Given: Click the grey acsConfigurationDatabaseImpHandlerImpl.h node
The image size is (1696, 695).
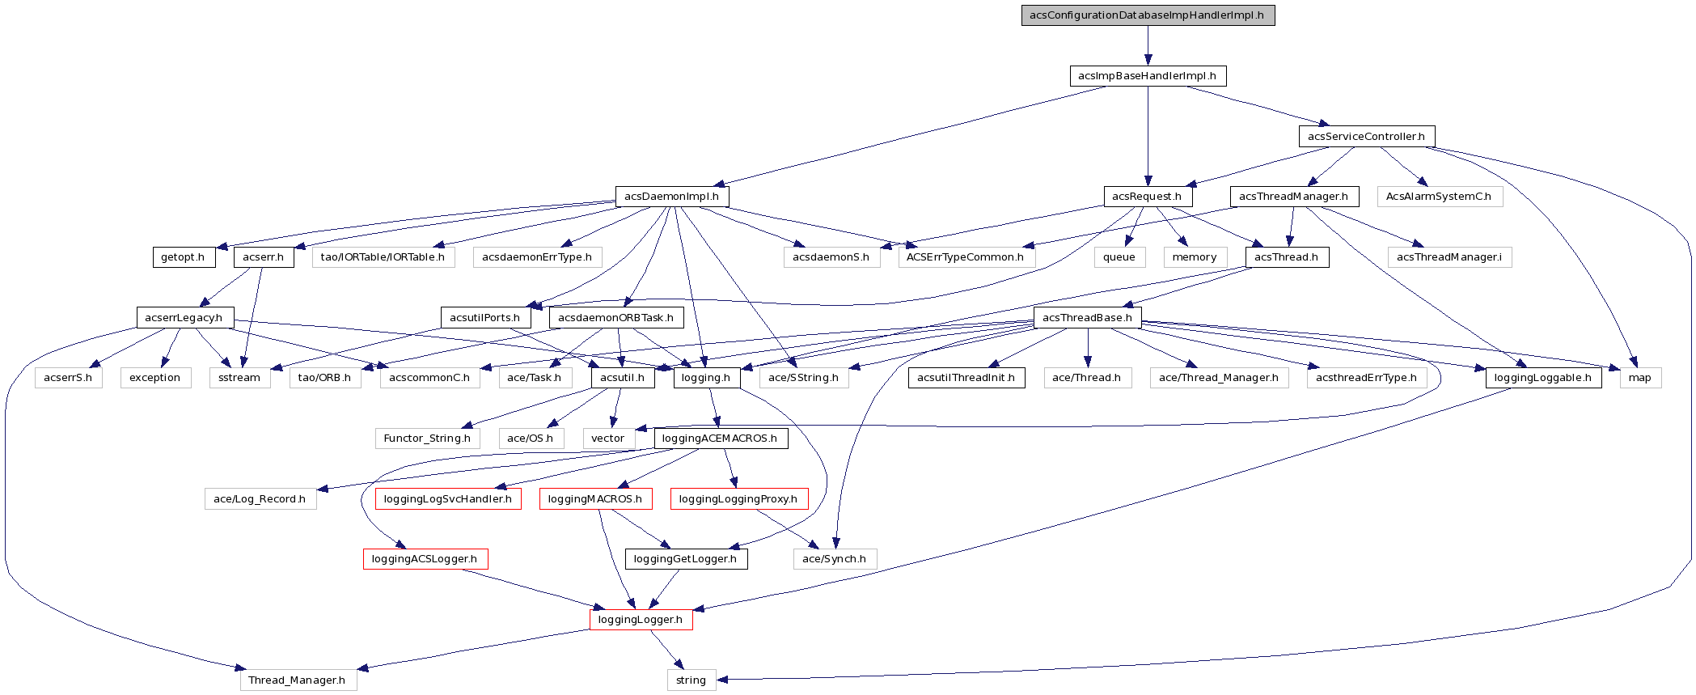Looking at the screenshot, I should click(x=1147, y=15).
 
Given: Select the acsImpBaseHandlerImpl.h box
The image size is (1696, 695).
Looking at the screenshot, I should click(x=1147, y=76).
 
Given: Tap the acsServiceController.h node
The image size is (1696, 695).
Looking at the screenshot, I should click(x=1366, y=136).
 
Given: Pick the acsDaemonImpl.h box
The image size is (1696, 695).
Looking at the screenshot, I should click(x=671, y=197).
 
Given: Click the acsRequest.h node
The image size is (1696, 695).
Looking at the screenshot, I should click(x=1147, y=197).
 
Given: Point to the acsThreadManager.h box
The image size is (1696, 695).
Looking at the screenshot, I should click(x=1293, y=197).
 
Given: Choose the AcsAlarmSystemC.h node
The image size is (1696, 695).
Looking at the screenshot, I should click(x=1439, y=197).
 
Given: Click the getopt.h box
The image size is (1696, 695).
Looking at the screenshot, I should click(x=183, y=257).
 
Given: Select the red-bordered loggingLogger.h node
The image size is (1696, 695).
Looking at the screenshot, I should click(x=641, y=620).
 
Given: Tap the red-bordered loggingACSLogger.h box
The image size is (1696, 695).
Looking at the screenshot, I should click(x=425, y=559).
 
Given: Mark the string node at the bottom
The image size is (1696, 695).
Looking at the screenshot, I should click(x=691, y=680).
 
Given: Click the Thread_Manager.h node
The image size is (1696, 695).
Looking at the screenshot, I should click(x=297, y=680).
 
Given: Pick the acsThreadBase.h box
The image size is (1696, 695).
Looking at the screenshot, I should click(x=1087, y=317).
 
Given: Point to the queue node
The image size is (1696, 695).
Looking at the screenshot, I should click(x=1119, y=257).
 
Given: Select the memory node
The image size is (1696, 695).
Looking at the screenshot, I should click(x=1195, y=257).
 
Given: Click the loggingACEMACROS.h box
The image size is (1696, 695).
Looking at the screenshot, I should click(x=720, y=439).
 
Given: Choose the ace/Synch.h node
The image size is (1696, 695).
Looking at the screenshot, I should click(x=834, y=559).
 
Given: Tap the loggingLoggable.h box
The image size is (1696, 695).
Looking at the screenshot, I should click(x=1542, y=378).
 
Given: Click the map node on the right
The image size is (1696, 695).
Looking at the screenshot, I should click(x=1640, y=378).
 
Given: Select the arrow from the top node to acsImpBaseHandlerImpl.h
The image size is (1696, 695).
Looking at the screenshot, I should click(x=1147, y=45).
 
